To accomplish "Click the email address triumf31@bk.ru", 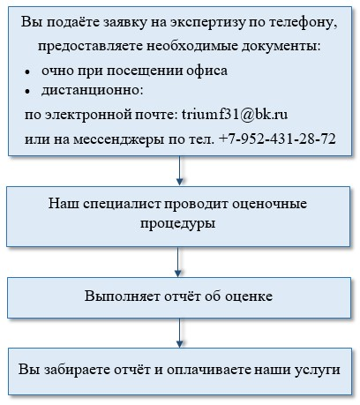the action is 235,114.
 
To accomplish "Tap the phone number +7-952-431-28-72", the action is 277,139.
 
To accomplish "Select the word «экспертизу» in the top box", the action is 207,23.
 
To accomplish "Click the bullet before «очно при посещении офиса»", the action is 27,71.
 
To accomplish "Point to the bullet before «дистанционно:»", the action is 27,92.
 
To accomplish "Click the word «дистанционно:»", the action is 92,90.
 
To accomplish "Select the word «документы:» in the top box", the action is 281,47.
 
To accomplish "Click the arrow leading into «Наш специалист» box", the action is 179,170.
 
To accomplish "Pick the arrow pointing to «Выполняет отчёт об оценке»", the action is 177,262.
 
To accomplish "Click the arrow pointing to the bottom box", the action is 179,333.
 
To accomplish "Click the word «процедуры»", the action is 177,224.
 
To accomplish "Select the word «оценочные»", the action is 269,204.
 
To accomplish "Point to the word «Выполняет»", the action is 123,296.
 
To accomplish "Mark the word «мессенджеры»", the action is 118,139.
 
